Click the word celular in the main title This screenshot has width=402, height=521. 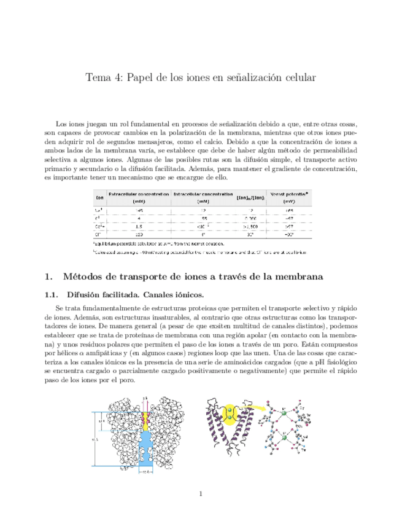[x=296, y=78]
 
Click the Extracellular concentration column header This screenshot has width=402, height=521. [x=139, y=197]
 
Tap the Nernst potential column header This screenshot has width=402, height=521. [x=288, y=197]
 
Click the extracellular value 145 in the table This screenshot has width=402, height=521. [x=139, y=210]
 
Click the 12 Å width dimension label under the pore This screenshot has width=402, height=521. [x=145, y=472]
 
